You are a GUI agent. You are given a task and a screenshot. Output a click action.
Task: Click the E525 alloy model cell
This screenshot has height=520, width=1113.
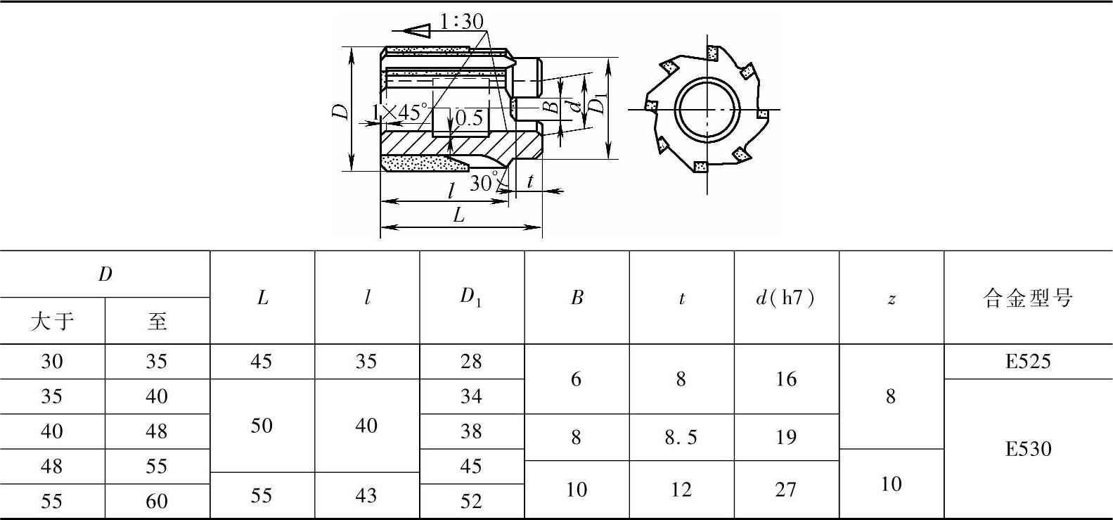click(1027, 362)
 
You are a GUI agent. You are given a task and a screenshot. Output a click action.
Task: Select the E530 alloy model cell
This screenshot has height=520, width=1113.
click(1027, 449)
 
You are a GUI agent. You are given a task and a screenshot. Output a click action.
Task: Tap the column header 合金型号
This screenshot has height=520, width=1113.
click(1027, 298)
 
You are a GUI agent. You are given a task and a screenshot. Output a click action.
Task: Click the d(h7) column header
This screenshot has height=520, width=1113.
click(785, 298)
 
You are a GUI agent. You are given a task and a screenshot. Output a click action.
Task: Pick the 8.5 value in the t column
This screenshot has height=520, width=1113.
click(681, 438)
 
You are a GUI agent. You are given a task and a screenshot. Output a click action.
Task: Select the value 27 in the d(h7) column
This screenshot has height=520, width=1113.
click(785, 490)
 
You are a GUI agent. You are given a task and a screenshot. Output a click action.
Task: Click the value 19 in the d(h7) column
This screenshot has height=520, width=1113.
click(785, 438)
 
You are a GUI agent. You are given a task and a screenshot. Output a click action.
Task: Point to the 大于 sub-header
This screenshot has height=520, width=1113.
click(52, 321)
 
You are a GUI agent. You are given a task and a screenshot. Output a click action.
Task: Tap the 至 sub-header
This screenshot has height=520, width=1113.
click(157, 321)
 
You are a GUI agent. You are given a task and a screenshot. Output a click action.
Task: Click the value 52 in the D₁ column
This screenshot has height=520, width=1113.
click(471, 501)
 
